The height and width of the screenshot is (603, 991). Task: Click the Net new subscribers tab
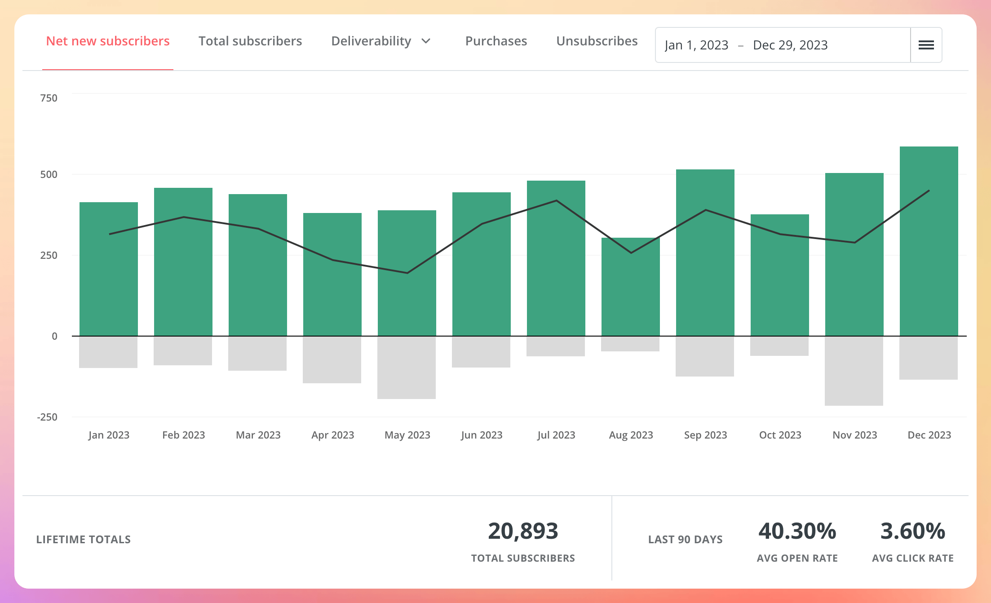click(108, 41)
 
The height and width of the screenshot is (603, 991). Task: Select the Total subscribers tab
click(250, 41)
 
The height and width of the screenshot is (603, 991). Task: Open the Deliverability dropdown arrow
click(426, 41)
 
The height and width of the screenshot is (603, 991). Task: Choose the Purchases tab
click(496, 41)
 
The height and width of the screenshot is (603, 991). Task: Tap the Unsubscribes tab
click(597, 41)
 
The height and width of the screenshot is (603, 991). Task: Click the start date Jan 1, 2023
click(696, 45)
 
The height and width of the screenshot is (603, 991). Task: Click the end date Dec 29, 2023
click(790, 45)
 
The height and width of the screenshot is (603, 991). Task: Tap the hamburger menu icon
click(926, 45)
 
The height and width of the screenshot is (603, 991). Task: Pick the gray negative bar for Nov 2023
click(854, 371)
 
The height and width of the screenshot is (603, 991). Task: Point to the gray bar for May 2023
click(407, 368)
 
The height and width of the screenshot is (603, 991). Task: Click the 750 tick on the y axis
click(49, 98)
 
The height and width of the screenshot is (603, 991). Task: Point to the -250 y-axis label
click(47, 417)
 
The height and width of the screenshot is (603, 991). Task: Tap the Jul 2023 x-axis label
click(556, 435)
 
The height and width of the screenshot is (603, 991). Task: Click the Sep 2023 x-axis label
click(705, 435)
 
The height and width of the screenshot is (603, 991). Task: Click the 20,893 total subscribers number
click(523, 531)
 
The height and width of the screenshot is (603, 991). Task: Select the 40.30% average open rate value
click(797, 531)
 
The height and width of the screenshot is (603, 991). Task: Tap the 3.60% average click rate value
click(912, 531)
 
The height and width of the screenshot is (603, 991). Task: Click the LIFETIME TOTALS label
click(84, 540)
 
